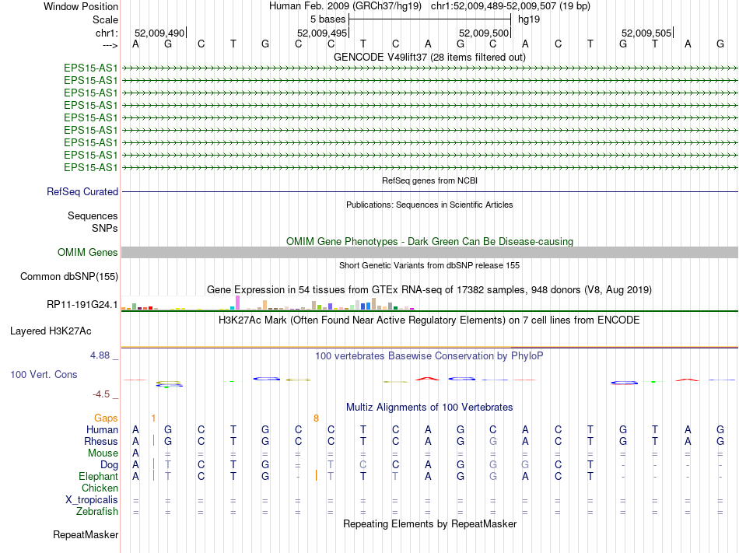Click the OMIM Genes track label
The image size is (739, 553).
pos(88,252)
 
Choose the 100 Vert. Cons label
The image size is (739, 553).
pos(44,374)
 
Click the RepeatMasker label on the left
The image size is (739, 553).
pos(86,534)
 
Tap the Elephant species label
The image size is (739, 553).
pos(98,476)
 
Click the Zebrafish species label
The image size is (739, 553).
pos(97,511)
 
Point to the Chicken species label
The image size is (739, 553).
pos(100,488)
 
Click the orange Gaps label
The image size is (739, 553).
pos(106,418)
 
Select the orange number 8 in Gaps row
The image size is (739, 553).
pos(316,418)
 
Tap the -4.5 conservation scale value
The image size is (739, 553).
pos(104,394)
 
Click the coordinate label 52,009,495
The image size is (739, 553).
pos(322,33)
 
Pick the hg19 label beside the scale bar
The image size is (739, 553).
pos(529,19)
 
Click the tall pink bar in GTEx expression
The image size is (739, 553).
pos(237,302)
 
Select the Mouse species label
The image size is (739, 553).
pos(103,453)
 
